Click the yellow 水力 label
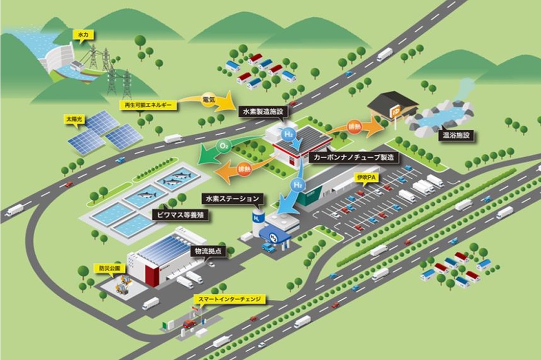pyautogui.click(x=84, y=35)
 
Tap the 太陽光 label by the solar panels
pyautogui.click(x=74, y=120)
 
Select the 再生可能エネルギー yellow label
pyautogui.click(x=148, y=105)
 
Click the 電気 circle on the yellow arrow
pyautogui.click(x=209, y=99)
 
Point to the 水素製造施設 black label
pyautogui.click(x=263, y=112)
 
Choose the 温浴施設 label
pyautogui.click(x=456, y=135)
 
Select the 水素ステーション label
pyautogui.click(x=232, y=199)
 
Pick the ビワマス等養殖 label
pyautogui.click(x=180, y=215)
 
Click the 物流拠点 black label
pyautogui.click(x=208, y=251)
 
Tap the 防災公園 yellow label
pyautogui.click(x=107, y=268)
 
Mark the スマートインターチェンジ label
pyautogui.click(x=230, y=299)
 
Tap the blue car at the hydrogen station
pyautogui.click(x=268, y=247)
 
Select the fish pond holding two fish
pyautogui.click(x=177, y=177)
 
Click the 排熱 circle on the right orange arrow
pyautogui.click(x=354, y=127)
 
